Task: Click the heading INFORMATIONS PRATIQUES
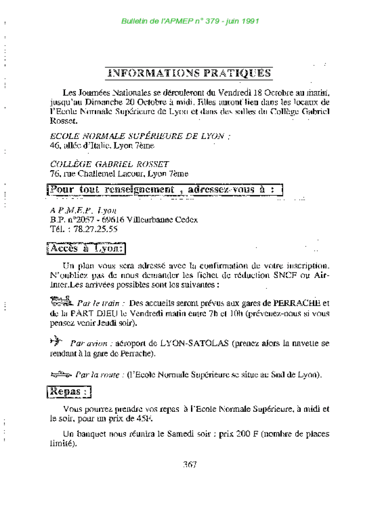190,73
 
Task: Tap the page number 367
190,464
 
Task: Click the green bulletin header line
191,21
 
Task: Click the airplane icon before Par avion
57,341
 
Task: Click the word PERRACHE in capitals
296,303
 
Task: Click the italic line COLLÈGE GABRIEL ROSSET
109,164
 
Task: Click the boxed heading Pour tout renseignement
165,190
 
